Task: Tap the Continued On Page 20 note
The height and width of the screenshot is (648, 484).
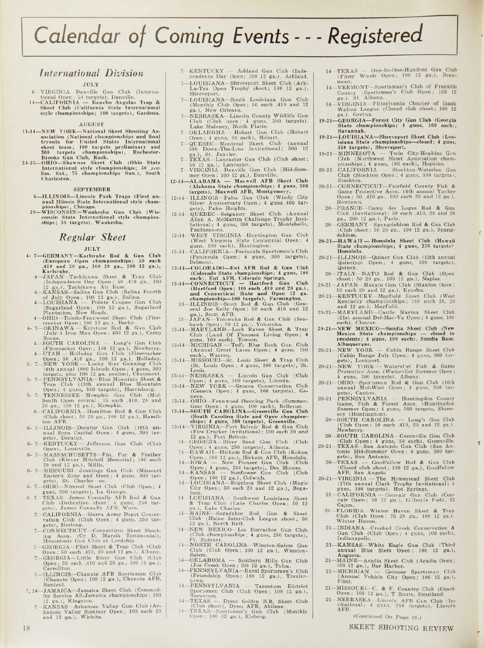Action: click(x=387, y=616)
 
